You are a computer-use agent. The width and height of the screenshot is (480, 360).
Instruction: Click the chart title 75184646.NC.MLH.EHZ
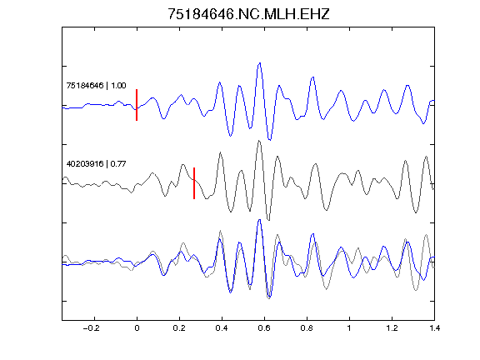click(248, 14)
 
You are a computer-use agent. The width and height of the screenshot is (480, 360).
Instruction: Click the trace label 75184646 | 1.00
click(96, 85)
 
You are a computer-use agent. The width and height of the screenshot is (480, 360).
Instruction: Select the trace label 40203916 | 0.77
click(96, 164)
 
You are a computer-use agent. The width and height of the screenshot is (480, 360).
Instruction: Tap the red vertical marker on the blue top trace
click(137, 105)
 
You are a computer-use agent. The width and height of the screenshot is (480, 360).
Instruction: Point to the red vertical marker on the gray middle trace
click(194, 183)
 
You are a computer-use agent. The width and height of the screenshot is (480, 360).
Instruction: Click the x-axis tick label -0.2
click(91, 328)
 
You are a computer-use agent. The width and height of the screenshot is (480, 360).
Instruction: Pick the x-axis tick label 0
click(137, 328)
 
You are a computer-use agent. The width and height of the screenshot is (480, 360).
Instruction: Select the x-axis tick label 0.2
click(179, 328)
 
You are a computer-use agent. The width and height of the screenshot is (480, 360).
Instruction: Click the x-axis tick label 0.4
click(222, 328)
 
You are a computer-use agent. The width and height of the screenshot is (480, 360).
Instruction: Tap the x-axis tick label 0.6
click(264, 328)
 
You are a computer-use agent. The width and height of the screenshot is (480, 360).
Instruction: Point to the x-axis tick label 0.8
click(307, 328)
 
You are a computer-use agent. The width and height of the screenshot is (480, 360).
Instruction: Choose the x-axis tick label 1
click(349, 328)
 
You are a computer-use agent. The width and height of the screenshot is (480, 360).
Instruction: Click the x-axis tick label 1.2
click(392, 328)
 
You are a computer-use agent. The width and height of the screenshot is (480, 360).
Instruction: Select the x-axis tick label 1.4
click(435, 328)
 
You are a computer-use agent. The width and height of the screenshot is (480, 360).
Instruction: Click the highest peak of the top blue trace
click(260, 63)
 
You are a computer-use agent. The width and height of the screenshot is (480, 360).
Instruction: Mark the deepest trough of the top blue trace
click(270, 140)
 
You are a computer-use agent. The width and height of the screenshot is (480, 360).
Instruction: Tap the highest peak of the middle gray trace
click(259, 141)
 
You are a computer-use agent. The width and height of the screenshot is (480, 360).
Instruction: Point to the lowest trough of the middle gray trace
click(268, 220)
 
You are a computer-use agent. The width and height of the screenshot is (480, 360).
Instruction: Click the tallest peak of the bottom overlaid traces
click(260, 220)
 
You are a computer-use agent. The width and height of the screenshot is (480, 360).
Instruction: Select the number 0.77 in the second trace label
click(118, 164)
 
